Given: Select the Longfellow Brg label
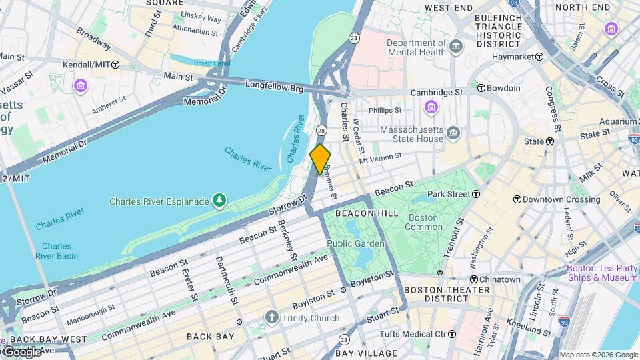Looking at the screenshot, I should pos(275,85).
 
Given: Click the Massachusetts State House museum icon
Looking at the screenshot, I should pos(454,134).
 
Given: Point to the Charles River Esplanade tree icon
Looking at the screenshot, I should pos(219,200).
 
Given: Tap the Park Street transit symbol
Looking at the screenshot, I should pos(477,194).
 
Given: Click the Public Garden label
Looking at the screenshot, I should pos(355,244).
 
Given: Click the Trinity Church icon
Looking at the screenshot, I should pos(271,318).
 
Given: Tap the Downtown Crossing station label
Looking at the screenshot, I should pos(557,199).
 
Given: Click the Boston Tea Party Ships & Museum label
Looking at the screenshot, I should pos(602,273).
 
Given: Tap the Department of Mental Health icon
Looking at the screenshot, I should pos(456,47).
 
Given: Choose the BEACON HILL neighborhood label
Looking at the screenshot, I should pos(367,213).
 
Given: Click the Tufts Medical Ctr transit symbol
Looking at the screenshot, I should pos(452,333).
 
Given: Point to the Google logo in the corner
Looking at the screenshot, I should pos(21,352).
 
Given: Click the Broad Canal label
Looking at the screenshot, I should pos(212,63).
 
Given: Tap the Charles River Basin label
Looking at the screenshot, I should pos(55,251).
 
